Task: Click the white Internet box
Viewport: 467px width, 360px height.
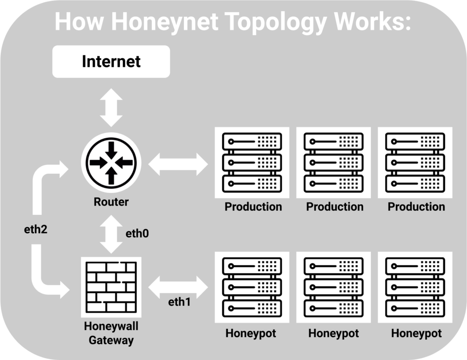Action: pos(111,62)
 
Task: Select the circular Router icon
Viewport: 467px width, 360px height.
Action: pos(111,162)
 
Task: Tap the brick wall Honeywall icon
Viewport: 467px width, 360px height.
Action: pos(111,287)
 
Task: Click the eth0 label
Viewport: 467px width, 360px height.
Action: pos(137,234)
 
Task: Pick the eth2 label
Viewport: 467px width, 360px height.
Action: pos(36,230)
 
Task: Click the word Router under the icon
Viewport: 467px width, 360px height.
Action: pos(111,202)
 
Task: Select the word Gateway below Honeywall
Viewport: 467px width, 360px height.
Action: pos(111,340)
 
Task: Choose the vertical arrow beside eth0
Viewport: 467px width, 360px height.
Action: pos(111,234)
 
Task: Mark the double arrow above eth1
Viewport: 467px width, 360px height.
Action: pos(178,287)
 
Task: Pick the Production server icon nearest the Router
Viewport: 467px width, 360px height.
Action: pos(252,162)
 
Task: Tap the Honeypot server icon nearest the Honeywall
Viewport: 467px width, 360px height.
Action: pos(252,287)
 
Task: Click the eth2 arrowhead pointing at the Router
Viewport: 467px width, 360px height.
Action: pos(61,169)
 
